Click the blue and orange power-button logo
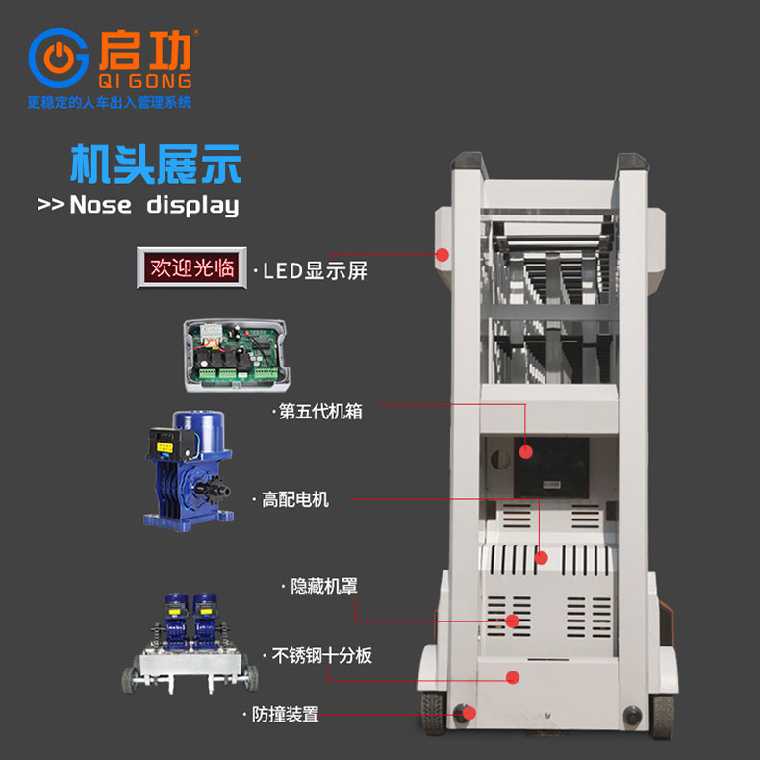[x=59, y=58]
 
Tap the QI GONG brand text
[x=145, y=81]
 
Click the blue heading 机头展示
[x=156, y=164]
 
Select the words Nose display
[x=154, y=205]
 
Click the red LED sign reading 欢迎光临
[x=192, y=267]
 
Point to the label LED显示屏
[x=315, y=271]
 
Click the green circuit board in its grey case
[x=237, y=355]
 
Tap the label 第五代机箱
[x=320, y=412]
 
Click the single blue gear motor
[x=189, y=470]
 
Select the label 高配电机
[x=295, y=499]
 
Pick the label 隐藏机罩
[x=324, y=586]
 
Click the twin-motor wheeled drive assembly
[x=190, y=644]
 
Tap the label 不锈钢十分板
[x=322, y=655]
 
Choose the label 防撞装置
[x=286, y=714]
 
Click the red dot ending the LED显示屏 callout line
[x=442, y=255]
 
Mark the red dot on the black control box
[x=526, y=452]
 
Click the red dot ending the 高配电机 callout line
[x=542, y=558]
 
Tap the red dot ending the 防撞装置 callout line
[x=469, y=713]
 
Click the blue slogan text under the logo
[x=110, y=102]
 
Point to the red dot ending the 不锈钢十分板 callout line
[x=513, y=677]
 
